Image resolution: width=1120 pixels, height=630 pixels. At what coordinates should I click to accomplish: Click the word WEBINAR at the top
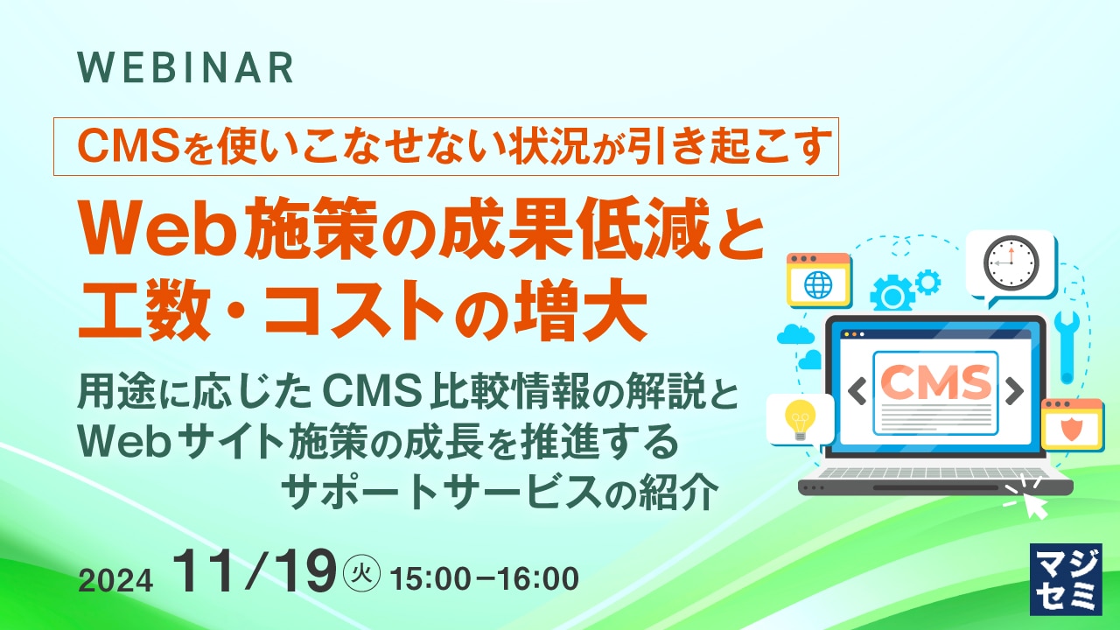click(x=185, y=67)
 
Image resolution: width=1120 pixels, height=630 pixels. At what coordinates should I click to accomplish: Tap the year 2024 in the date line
click(x=115, y=581)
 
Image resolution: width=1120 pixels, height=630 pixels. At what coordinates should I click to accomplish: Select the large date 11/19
click(x=254, y=571)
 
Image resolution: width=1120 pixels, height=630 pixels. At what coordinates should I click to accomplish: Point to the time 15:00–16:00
click(x=485, y=579)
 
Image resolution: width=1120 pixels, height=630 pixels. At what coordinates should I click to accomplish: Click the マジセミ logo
click(x=1066, y=579)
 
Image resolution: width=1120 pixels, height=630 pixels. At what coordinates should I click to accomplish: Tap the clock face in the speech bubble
click(x=1011, y=263)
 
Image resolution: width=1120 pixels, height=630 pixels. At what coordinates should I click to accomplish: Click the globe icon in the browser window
click(x=818, y=284)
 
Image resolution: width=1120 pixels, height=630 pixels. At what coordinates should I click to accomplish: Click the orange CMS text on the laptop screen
click(x=935, y=381)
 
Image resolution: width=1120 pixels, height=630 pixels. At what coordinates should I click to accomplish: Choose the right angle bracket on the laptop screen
click(x=1014, y=391)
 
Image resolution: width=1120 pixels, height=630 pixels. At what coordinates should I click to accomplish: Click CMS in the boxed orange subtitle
click(x=128, y=146)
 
